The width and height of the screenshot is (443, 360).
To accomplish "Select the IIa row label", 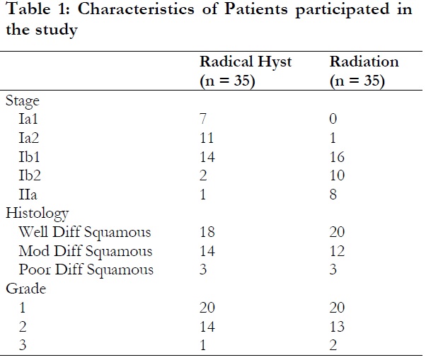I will (x=31, y=194).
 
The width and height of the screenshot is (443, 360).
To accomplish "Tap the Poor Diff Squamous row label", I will (x=87, y=269).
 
